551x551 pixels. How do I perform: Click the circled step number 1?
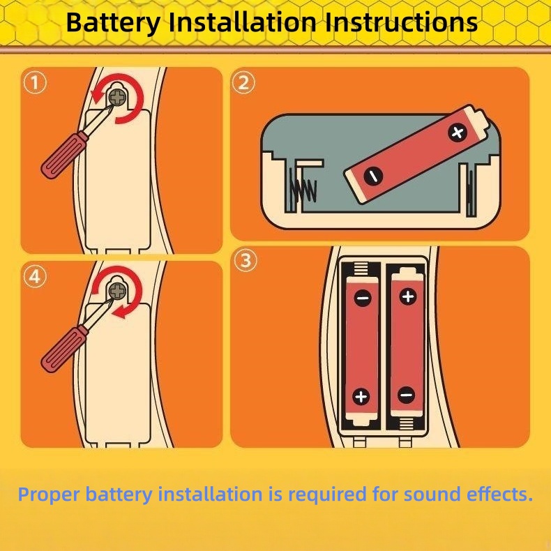pos(35,83)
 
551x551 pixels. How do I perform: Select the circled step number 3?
pos(246,261)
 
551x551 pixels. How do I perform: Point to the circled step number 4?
pos(35,277)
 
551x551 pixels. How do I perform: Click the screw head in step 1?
pos(119,96)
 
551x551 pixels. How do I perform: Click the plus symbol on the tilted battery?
pos(457,133)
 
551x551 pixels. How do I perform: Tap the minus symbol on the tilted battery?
pos(373,175)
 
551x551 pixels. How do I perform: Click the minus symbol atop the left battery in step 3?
pos(363,299)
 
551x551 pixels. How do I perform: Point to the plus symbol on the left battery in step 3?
pos(361,397)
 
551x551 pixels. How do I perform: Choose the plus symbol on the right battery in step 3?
pos(408,296)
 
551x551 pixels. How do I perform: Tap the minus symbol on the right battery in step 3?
pos(407,395)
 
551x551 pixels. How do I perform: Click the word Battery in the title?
pos(112,22)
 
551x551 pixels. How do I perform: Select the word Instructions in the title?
pos(401,22)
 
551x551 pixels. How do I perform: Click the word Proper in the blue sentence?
pos(50,495)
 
